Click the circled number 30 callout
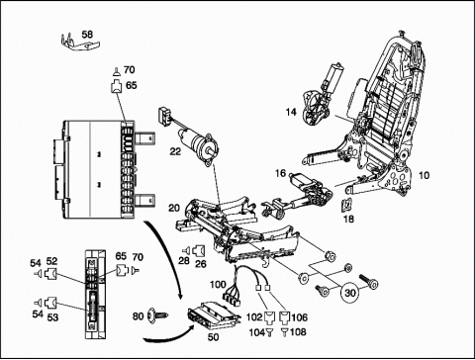click(350, 293)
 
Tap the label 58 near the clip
click(87, 35)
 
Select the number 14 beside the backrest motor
click(291, 112)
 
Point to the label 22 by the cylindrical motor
click(175, 151)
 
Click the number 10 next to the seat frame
click(424, 175)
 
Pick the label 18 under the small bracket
click(348, 219)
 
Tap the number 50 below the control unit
click(214, 337)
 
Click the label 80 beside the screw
click(139, 316)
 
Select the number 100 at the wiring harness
click(218, 284)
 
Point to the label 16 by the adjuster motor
click(281, 173)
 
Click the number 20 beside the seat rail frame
click(174, 209)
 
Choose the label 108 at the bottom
click(298, 332)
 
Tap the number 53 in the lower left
click(52, 317)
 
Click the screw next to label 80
click(157, 315)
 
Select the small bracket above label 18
click(346, 205)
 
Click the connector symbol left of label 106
click(283, 317)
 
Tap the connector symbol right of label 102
click(269, 317)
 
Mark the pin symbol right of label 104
click(269, 332)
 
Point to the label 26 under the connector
click(201, 264)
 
